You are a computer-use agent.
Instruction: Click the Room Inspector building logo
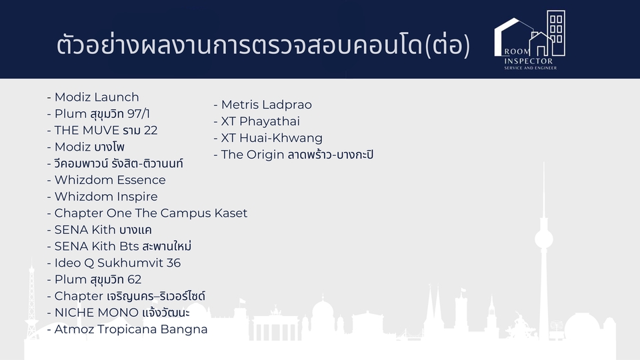point(530,39)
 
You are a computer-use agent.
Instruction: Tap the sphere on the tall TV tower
point(544,239)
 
